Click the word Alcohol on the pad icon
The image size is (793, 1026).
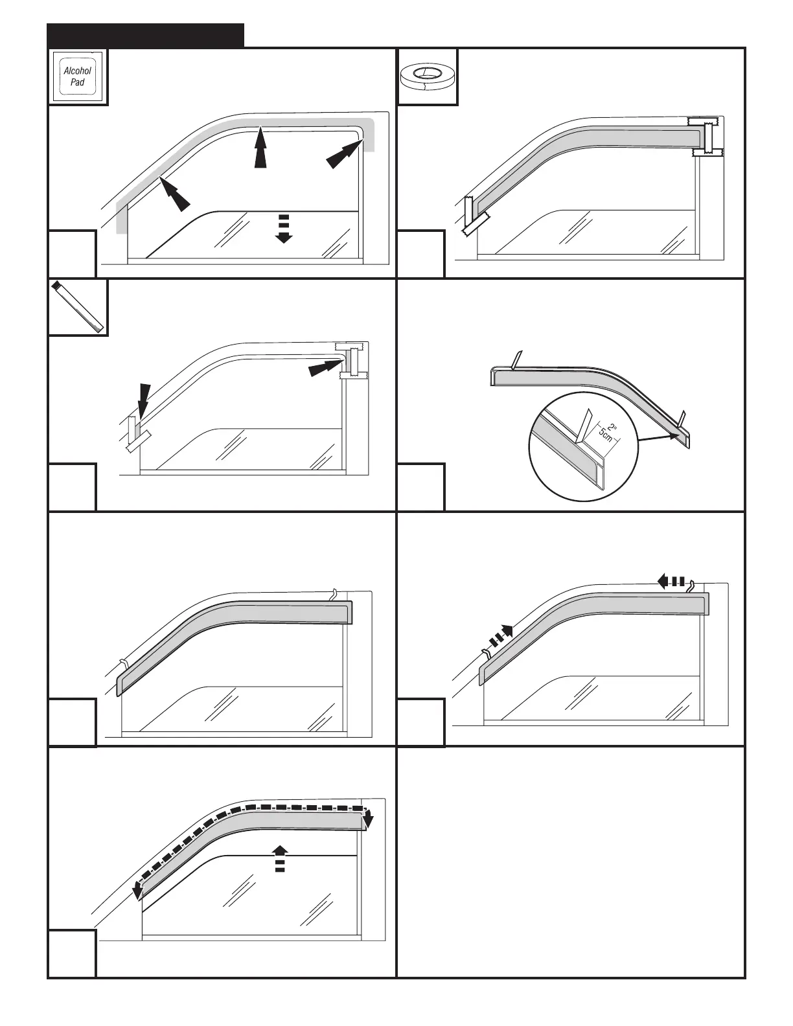pyautogui.click(x=78, y=71)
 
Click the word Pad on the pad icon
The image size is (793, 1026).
pyautogui.click(x=78, y=82)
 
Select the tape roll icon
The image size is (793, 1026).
pyautogui.click(x=427, y=76)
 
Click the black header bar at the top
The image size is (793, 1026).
pyautogui.click(x=146, y=36)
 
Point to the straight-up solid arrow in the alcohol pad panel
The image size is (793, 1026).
pyautogui.click(x=260, y=147)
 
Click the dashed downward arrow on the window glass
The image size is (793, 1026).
pyautogui.click(x=283, y=227)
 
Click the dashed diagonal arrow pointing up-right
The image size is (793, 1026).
pyautogui.click(x=499, y=637)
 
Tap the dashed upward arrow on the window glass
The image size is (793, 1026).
pyautogui.click(x=280, y=858)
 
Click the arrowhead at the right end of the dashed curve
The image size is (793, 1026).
pyautogui.click(x=369, y=820)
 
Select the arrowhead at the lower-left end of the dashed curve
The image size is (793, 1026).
pyautogui.click(x=137, y=892)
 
